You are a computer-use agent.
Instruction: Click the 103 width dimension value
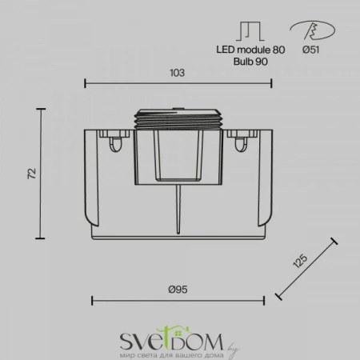pyautogui.click(x=178, y=73)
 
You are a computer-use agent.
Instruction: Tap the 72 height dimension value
pyautogui.click(x=31, y=174)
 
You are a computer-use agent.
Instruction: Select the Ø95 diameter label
pyautogui.click(x=178, y=290)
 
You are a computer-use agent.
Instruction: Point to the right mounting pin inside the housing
pyautogui.click(x=240, y=142)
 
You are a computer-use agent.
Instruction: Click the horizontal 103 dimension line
pyautogui.click(x=128, y=82)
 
